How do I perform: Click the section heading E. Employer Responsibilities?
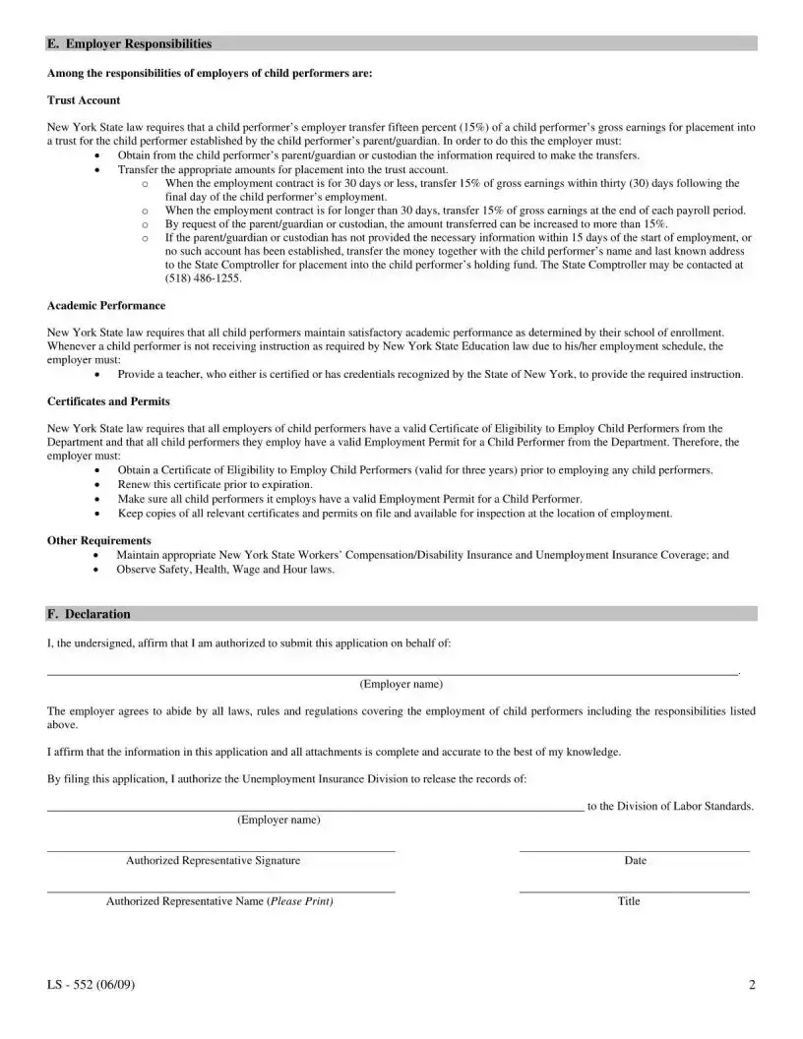click(129, 44)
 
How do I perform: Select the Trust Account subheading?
click(84, 100)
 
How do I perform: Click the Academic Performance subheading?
click(106, 306)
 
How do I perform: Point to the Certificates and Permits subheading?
click(108, 401)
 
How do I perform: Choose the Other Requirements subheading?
click(99, 540)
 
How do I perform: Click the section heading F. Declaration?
click(89, 614)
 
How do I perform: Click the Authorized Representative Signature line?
click(221, 849)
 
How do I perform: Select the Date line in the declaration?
click(634, 849)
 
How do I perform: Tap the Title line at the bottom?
click(634, 891)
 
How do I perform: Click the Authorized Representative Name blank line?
click(221, 891)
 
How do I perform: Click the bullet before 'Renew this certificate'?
click(96, 485)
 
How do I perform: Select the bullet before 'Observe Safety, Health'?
click(96, 570)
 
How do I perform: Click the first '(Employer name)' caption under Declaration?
click(401, 684)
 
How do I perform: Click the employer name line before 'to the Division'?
click(315, 806)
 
